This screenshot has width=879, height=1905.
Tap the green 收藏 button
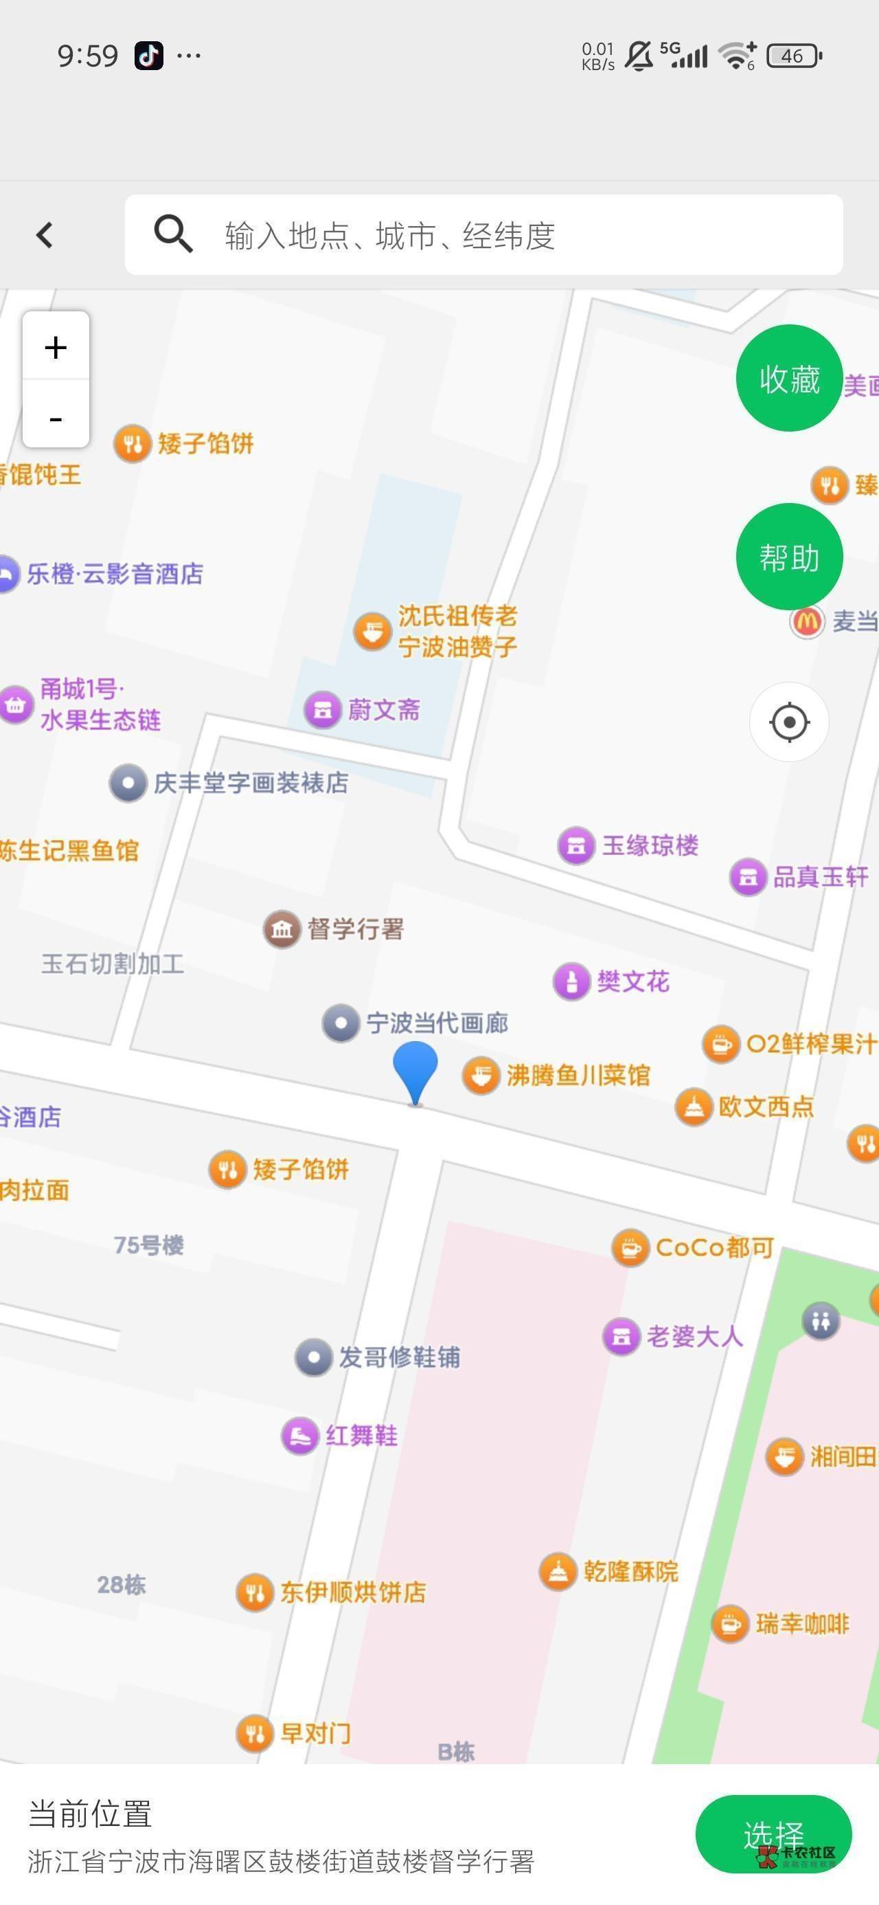click(x=789, y=378)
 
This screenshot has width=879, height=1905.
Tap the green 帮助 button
click(x=789, y=557)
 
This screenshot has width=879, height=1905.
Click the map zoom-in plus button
click(x=56, y=347)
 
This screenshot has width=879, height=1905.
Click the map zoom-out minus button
click(x=56, y=417)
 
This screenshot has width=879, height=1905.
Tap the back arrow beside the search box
click(x=45, y=235)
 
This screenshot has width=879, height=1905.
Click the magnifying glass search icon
click(x=173, y=234)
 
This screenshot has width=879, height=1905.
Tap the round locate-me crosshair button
click(x=789, y=722)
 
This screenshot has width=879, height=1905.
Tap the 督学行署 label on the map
click(x=356, y=929)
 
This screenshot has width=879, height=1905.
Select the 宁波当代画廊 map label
click(x=437, y=1023)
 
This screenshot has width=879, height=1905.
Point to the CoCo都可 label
click(x=714, y=1247)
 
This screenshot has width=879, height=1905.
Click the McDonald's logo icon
click(x=806, y=621)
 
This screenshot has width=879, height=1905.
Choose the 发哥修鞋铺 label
click(x=399, y=1357)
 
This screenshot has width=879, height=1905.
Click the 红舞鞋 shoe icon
click(x=299, y=1436)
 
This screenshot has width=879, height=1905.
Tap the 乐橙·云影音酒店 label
click(x=115, y=574)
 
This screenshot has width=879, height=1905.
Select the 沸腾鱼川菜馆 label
click(x=578, y=1076)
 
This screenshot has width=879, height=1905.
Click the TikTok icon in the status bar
click(x=148, y=56)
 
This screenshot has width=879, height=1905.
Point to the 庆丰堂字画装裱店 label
click(x=251, y=782)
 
